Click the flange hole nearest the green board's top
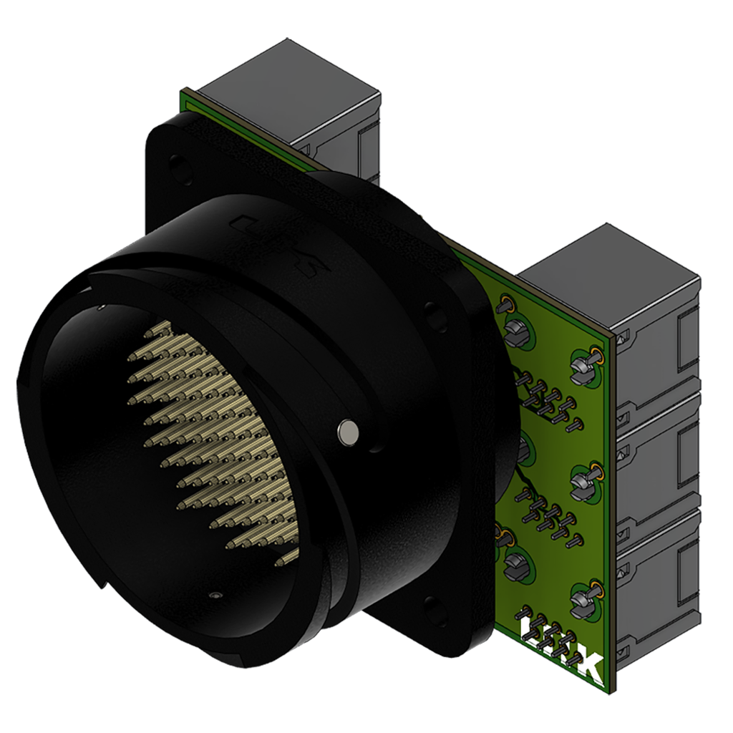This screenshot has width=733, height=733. click(x=432, y=313)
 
